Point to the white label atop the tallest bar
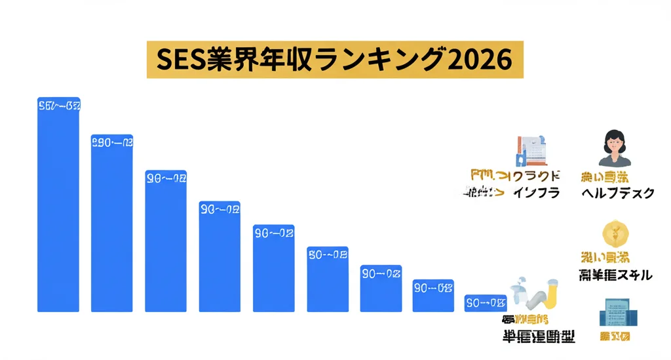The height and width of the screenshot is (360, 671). pyautogui.click(x=59, y=105)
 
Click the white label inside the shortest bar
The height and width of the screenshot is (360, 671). pyautogui.click(x=486, y=302)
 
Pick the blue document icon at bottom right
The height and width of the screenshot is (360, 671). pyautogui.click(x=615, y=312)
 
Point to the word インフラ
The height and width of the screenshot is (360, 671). pyautogui.click(x=536, y=193)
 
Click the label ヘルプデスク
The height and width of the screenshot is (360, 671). pyautogui.click(x=617, y=193)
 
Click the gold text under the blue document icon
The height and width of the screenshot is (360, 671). pyautogui.click(x=615, y=337)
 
